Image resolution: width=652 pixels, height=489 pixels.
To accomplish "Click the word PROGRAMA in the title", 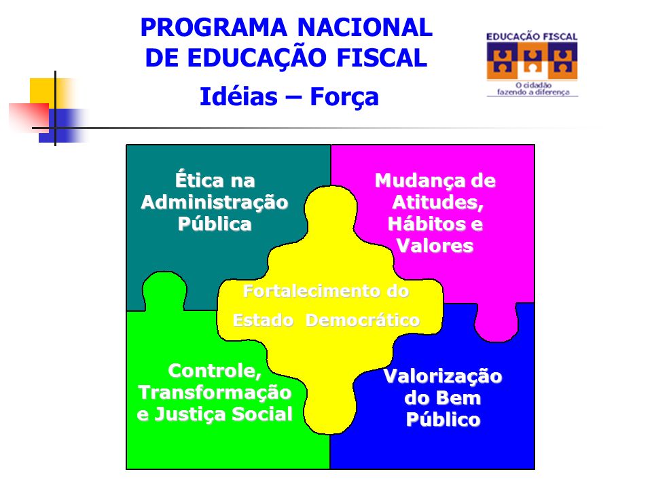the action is coord(214,27).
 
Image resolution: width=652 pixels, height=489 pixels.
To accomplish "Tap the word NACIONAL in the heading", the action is coord(365,27).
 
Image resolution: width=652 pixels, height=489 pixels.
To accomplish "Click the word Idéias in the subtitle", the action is coord(238,97).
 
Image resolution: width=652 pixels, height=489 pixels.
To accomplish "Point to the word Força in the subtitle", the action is coord(344,98).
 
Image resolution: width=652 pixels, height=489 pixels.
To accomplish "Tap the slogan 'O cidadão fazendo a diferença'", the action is coord(533,88).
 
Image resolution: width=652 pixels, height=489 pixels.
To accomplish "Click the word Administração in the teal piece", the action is coord(215,202).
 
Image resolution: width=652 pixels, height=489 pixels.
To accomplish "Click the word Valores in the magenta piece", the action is coord(435,245).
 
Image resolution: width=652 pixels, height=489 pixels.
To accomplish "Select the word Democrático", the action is coord(362,320).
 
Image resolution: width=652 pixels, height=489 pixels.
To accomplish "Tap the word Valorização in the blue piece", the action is coord(443,377).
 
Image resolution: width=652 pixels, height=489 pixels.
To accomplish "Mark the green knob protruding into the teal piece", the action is coord(164,291).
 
